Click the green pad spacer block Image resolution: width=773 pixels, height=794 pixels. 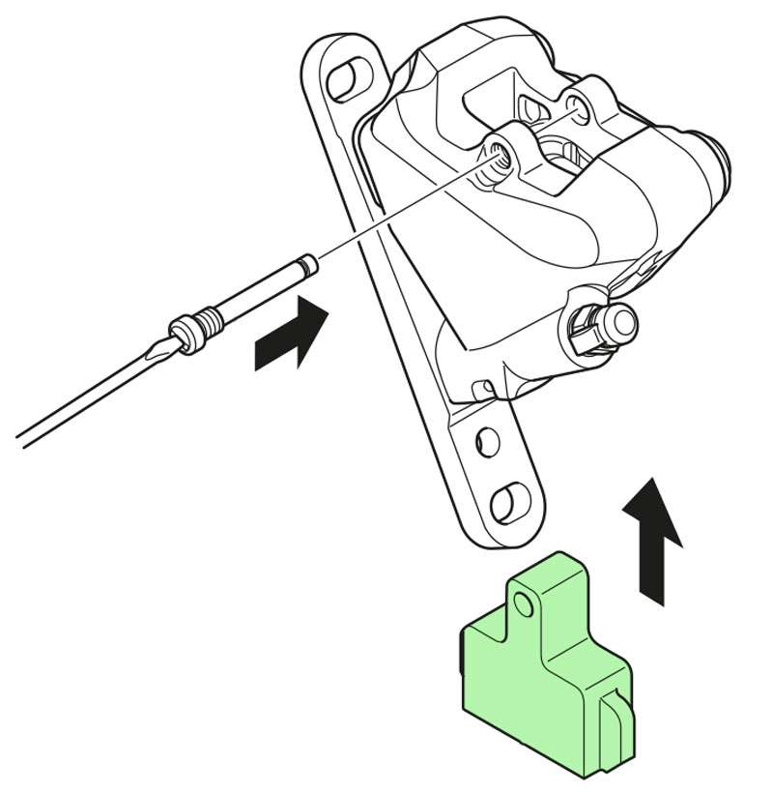pyautogui.click(x=546, y=667)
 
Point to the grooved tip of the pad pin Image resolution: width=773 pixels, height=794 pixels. pyautogui.click(x=307, y=263)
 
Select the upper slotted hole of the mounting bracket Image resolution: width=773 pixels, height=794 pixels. pyautogui.click(x=343, y=82)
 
